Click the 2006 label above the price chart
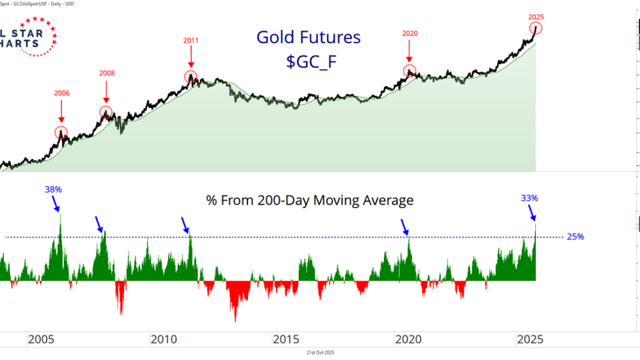tap(61, 93)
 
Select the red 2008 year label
tap(107, 73)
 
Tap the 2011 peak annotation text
tap(191, 40)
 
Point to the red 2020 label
tap(409, 33)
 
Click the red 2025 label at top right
tap(536, 16)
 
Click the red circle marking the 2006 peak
tap(61, 132)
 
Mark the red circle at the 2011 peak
tap(191, 77)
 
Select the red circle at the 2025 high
tap(536, 28)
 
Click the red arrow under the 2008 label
tap(107, 92)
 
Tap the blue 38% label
tap(53, 189)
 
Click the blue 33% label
tap(530, 197)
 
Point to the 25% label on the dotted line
tap(575, 237)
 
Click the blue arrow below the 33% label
tap(533, 212)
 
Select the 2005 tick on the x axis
tap(41, 339)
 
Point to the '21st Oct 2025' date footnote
tap(319, 352)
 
